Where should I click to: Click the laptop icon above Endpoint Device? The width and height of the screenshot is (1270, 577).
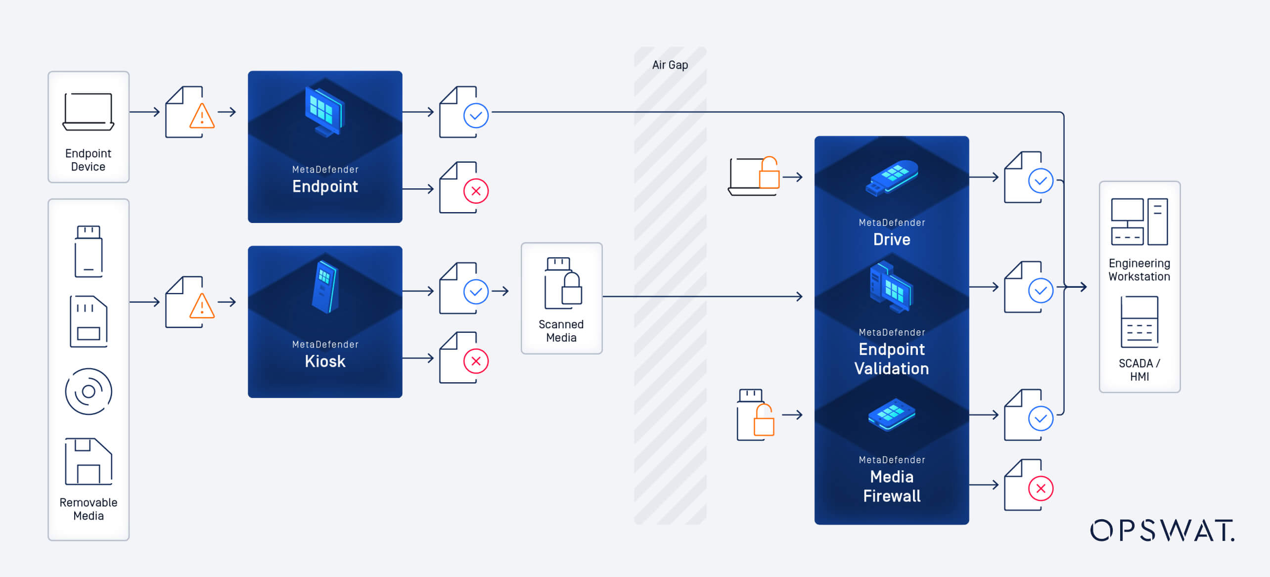[x=89, y=112]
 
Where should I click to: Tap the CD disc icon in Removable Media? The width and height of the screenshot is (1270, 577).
[x=89, y=392]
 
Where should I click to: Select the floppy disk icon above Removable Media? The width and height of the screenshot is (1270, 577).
[x=89, y=461]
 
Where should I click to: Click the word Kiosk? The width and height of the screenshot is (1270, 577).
[x=325, y=361]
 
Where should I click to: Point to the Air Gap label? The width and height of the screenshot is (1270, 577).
[x=670, y=65]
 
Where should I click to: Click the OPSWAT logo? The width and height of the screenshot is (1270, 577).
[x=1162, y=531]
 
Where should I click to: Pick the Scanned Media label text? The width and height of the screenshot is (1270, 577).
[x=561, y=331]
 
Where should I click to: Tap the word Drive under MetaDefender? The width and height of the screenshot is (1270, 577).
[x=891, y=240]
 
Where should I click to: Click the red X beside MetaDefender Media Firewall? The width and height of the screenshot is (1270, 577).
[x=1041, y=488]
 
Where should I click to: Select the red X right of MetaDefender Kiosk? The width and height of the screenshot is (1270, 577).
[x=476, y=361]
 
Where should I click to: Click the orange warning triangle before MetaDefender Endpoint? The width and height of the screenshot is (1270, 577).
[x=202, y=117]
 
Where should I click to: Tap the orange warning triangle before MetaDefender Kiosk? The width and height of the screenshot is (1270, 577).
[x=202, y=307]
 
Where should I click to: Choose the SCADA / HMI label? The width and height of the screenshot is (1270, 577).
[x=1139, y=370]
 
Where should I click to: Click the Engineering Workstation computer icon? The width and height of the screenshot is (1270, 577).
[x=1139, y=222]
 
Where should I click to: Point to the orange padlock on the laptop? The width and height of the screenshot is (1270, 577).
[x=769, y=173]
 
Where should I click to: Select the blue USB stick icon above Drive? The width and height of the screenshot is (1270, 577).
[x=891, y=178]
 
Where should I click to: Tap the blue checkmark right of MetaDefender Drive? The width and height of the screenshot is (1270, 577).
[x=1041, y=181]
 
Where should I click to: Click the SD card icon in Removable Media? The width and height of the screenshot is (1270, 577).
[x=89, y=321]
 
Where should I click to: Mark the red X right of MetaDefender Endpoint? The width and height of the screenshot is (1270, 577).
[x=476, y=191]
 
